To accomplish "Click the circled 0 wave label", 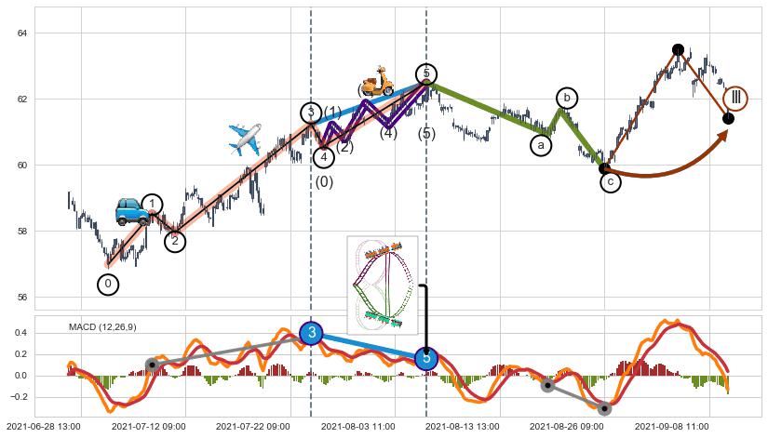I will [x=108, y=285].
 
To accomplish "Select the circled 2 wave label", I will [x=175, y=242].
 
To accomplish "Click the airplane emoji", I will [x=245, y=140].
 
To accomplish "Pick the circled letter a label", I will [x=541, y=145].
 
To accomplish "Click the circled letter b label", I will [x=567, y=98].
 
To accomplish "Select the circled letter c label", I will [x=610, y=183].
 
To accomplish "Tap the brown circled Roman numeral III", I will [x=735, y=97].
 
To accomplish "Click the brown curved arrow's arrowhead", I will [x=722, y=135].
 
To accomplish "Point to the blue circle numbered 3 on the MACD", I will [x=312, y=333].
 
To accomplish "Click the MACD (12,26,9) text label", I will [x=102, y=326].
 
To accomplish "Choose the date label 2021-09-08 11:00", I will [x=671, y=426].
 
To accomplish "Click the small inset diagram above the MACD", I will [x=382, y=284].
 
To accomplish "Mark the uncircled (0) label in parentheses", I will [x=324, y=182].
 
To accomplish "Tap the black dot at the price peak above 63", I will [x=678, y=49].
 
